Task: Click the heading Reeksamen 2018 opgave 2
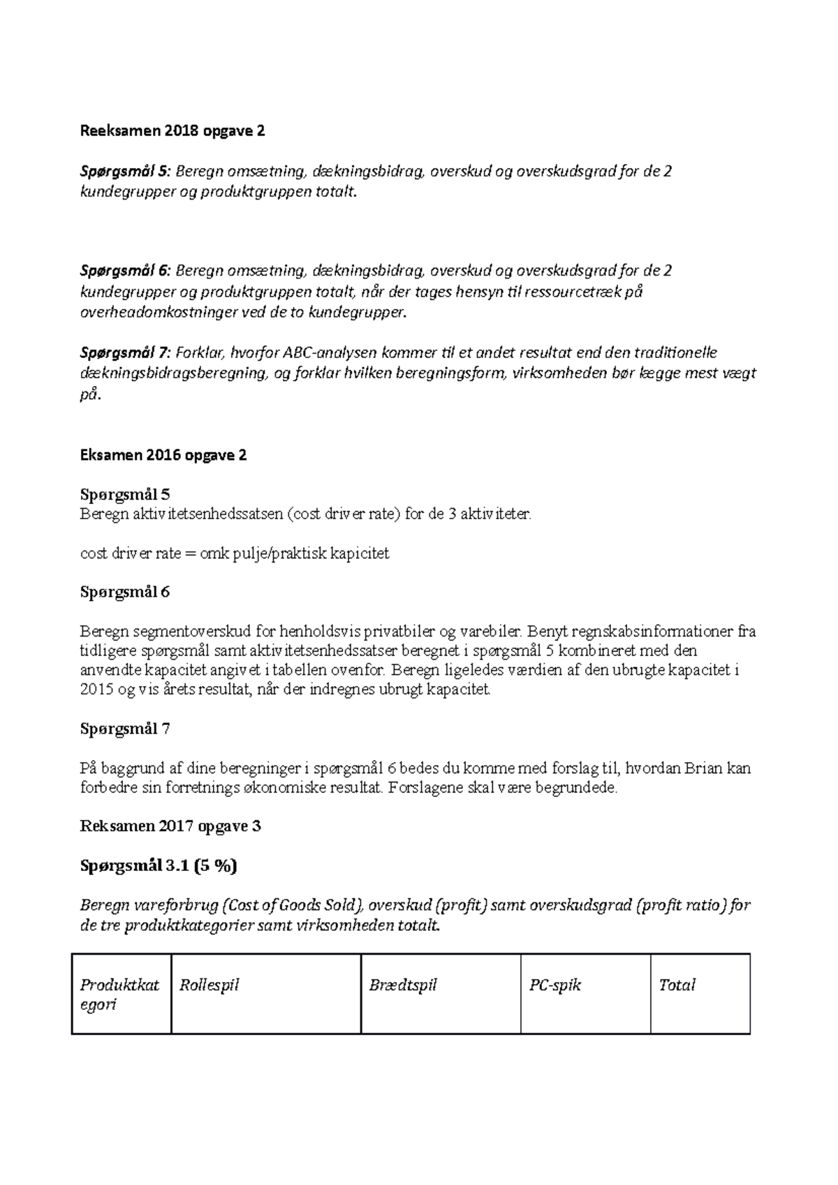pos(172,131)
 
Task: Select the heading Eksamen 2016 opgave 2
pos(163,455)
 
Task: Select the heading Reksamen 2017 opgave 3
pos(170,826)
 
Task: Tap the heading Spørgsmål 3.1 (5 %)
pos(159,866)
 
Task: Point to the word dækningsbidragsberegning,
pos(174,373)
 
